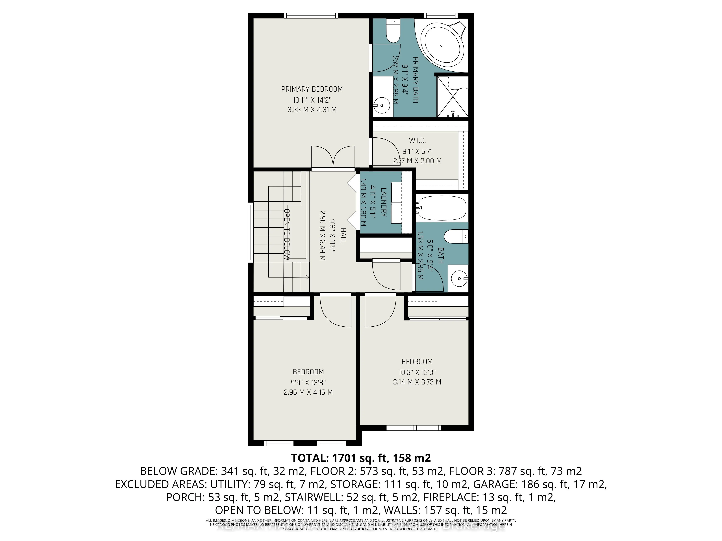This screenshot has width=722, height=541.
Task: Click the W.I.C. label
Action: click(x=417, y=140)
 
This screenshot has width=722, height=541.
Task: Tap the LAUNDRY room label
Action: click(x=384, y=202)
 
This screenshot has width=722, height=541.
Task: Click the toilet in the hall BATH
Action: click(x=457, y=236)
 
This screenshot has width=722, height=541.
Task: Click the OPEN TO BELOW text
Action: click(x=287, y=234)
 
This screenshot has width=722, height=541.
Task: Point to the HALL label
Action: click(x=343, y=236)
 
